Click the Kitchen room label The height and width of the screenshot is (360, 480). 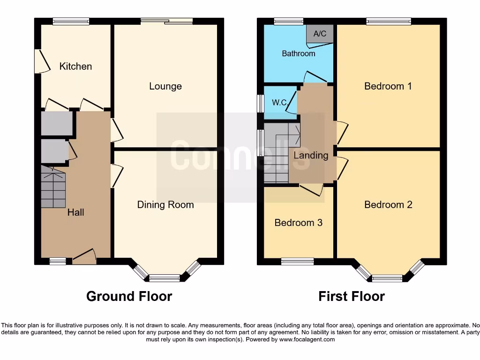pos(75,66)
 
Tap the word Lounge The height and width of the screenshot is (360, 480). pos(165,86)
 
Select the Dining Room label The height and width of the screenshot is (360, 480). pos(165,204)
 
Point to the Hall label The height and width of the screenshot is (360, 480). pos(75,212)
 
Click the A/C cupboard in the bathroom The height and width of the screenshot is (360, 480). pos(320,34)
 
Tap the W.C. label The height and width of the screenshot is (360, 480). pos(279,102)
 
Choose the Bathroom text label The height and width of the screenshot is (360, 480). pos(298,53)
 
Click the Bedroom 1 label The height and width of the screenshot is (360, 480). pos(388,86)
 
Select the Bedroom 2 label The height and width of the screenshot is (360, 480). pos(388,204)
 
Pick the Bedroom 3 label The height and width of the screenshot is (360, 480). pos(298,223)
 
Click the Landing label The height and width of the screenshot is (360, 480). pos(311,155)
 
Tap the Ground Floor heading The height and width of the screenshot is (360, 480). pos(129,296)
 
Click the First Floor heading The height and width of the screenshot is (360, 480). pos(352,296)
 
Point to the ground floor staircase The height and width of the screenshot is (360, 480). pos(52,187)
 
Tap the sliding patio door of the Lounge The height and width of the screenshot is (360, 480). pos(166,21)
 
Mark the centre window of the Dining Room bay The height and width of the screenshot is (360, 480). pos(165,278)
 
